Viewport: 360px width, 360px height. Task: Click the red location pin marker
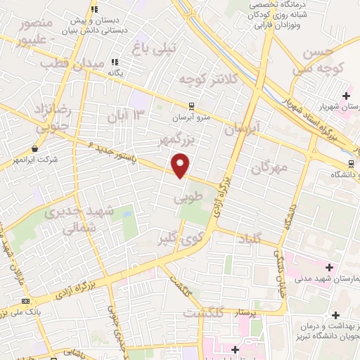click(181, 165)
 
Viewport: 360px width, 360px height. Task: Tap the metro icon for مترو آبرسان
click(191, 107)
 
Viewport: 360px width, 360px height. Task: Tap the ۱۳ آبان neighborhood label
click(128, 115)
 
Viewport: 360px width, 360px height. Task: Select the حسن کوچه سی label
click(322, 62)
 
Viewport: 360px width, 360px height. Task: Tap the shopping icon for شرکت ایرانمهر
click(34, 148)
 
